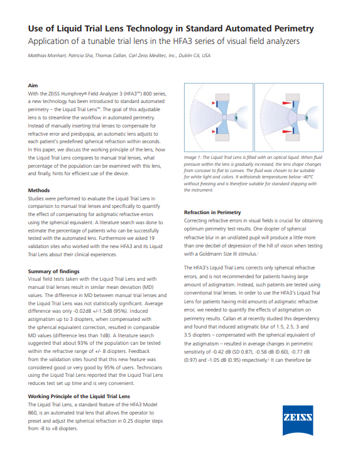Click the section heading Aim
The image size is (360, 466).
pos(34,84)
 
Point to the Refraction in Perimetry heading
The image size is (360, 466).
pos(212,212)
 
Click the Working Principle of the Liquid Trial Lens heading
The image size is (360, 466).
pos(79,396)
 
